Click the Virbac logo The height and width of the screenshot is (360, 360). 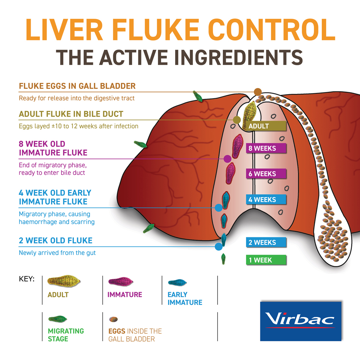click(x=300, y=321)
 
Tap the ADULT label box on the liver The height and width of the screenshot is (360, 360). click(x=266, y=126)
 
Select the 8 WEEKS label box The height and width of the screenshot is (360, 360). click(x=266, y=148)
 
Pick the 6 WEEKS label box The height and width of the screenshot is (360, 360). click(x=266, y=174)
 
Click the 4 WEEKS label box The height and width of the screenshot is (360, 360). click(x=266, y=199)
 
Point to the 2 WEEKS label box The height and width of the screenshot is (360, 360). click(x=266, y=242)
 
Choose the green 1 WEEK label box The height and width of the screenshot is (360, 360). click(x=266, y=260)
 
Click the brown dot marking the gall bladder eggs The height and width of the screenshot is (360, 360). click(x=258, y=92)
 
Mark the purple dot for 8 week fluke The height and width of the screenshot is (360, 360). click(x=227, y=159)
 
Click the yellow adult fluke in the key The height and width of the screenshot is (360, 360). click(x=64, y=281)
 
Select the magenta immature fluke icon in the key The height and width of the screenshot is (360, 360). click(x=120, y=282)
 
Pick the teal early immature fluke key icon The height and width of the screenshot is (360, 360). click(x=178, y=282)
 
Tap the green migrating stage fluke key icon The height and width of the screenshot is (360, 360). click(x=57, y=319)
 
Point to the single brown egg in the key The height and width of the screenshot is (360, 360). click(x=113, y=319)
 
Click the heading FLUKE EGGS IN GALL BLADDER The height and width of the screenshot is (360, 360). click(x=77, y=86)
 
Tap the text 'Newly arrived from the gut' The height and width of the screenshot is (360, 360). click(x=57, y=253)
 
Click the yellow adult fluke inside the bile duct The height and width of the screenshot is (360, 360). click(x=250, y=111)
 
